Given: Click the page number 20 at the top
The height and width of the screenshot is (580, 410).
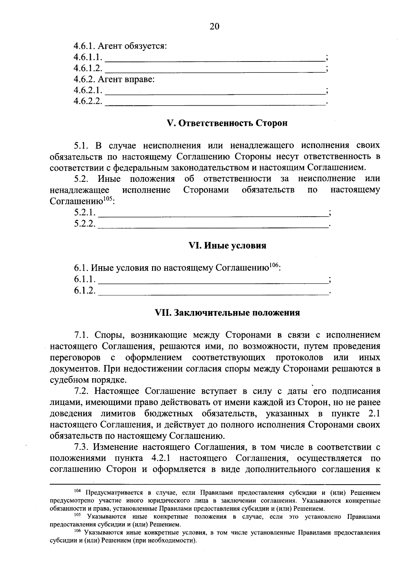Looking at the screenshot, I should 214,26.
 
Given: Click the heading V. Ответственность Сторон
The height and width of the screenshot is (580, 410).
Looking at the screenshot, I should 227,123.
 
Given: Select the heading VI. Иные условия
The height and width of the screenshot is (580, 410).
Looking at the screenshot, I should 227,246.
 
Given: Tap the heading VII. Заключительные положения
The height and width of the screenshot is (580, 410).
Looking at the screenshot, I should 227,313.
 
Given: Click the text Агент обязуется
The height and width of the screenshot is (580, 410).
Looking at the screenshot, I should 133,46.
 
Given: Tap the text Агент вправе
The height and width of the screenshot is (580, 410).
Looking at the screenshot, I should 126,80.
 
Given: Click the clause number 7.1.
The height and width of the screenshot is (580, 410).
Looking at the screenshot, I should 82,335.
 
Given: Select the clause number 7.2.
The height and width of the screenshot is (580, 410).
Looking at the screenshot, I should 82,391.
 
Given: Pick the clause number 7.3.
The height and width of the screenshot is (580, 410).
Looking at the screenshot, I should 82,447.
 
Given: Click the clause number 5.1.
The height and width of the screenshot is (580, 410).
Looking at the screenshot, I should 82,146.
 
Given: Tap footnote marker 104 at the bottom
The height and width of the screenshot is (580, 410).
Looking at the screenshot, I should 77,491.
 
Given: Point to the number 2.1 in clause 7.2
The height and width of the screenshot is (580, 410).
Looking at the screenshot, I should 374,414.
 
